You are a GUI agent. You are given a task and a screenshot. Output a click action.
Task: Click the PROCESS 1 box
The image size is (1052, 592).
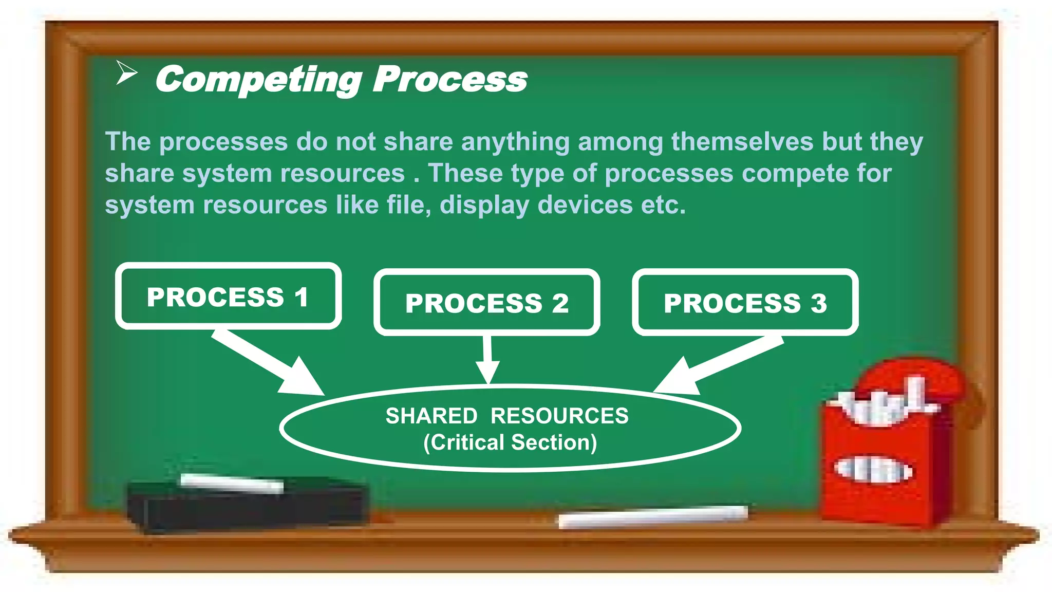[x=228, y=297]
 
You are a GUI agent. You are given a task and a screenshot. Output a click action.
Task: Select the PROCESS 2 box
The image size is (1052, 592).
[x=486, y=303]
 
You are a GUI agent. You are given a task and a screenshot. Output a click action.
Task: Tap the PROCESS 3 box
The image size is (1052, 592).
[x=745, y=303]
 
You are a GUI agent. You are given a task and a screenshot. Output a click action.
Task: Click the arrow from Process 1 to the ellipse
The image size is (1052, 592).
[x=267, y=362]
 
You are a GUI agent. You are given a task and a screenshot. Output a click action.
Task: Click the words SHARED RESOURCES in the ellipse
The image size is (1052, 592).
[x=506, y=416]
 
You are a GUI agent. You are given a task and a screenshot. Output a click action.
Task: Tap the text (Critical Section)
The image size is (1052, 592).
[x=510, y=442]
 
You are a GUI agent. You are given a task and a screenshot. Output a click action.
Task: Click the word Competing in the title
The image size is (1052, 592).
[x=258, y=80]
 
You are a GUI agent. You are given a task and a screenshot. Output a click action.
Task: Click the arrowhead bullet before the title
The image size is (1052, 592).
[x=126, y=72]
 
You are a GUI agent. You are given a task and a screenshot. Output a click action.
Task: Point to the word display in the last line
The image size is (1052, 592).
[x=484, y=205]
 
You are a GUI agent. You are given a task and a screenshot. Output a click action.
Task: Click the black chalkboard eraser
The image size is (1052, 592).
[x=247, y=509]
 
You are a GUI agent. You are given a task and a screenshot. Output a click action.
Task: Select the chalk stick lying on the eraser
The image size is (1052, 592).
[x=231, y=483]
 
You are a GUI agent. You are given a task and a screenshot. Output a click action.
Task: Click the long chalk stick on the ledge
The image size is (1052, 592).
[x=652, y=516]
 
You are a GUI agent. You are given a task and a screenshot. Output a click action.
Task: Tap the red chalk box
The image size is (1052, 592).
[x=884, y=462]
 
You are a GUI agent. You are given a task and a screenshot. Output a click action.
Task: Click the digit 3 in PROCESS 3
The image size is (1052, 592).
[x=819, y=303]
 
